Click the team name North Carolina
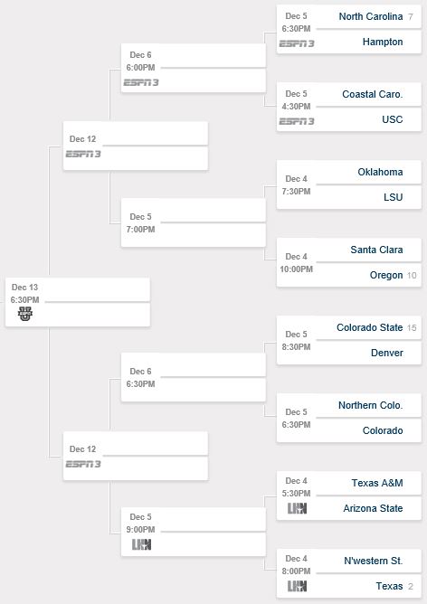click(371, 16)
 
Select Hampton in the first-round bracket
click(383, 42)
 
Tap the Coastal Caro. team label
click(373, 94)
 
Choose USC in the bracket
click(393, 119)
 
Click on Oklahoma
click(380, 172)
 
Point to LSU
click(394, 197)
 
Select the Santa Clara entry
click(376, 250)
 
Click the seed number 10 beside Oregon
click(412, 276)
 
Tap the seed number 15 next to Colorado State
click(412, 328)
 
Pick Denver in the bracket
click(387, 353)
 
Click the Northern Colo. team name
click(370, 405)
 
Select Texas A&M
click(377, 483)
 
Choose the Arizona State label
click(373, 508)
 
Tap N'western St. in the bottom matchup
click(373, 561)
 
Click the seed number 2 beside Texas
click(411, 586)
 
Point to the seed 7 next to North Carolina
click(411, 17)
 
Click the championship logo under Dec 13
click(25, 314)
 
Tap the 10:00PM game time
click(296, 269)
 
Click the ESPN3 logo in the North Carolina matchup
click(297, 43)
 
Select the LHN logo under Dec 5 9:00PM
click(141, 544)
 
